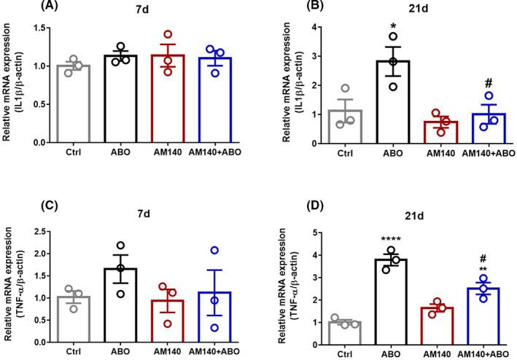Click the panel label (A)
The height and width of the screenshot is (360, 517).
15,7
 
